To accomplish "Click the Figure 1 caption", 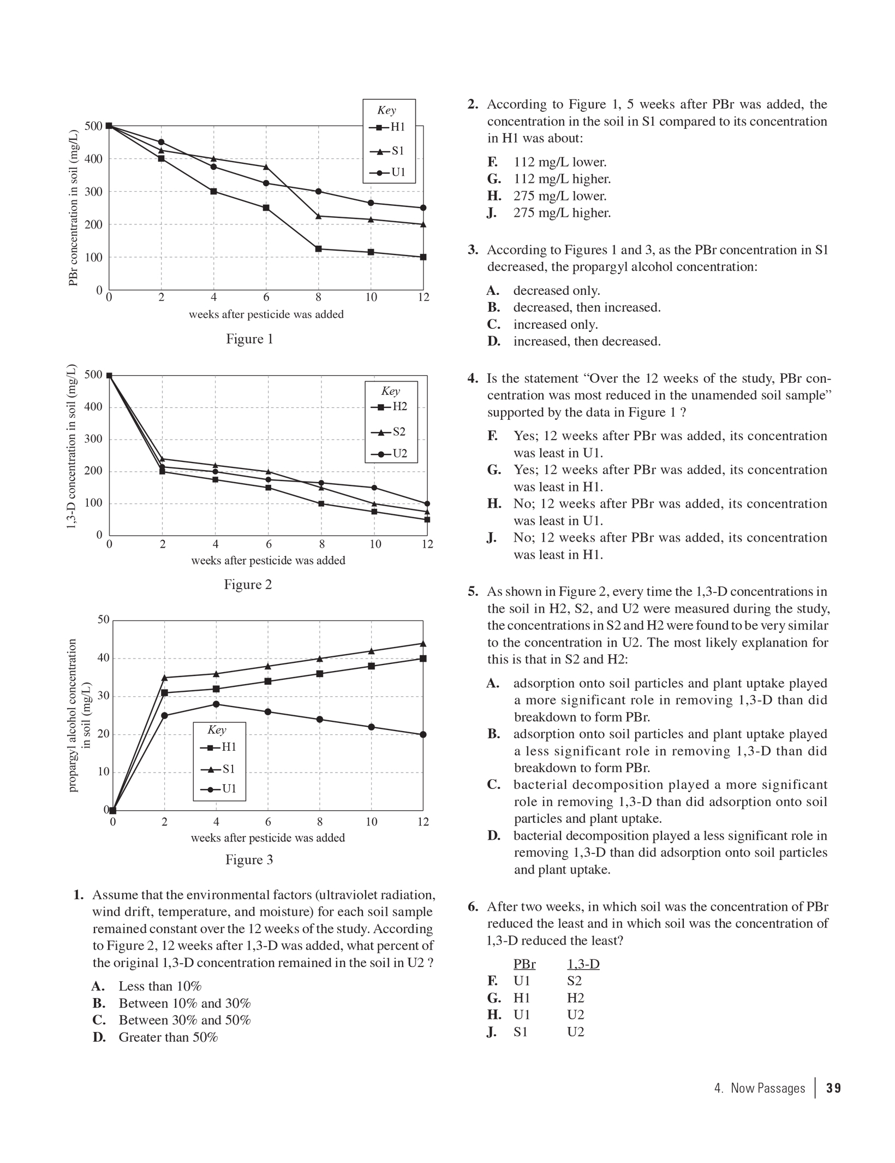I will [249, 339].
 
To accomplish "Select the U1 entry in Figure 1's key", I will [390, 173].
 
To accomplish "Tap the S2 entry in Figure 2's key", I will [391, 432].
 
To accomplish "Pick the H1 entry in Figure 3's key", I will [220, 747].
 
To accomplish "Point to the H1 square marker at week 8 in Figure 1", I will [319, 249].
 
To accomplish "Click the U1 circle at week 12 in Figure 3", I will [423, 734].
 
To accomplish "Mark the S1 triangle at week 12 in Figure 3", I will [423, 644].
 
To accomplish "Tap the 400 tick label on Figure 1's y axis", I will [93, 159].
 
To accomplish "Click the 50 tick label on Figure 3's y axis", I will [103, 620].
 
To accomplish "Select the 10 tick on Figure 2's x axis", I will [375, 544].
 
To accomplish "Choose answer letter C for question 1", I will [99, 1020].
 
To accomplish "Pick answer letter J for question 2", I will [492, 213].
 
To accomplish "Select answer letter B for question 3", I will [493, 307].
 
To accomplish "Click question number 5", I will [473, 592].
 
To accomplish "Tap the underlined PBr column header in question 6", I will [524, 964].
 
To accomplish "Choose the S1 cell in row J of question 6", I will [521, 1032].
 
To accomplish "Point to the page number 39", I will [833, 1088].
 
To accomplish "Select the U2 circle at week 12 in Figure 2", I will [427, 503].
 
